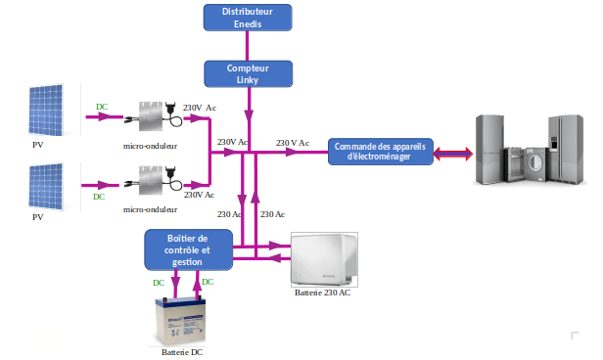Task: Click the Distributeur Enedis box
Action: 247,16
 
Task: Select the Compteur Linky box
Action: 247,73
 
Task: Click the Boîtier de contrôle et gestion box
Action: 188,249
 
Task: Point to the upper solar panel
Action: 47,109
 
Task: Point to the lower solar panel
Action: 47,185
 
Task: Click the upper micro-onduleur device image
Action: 156,115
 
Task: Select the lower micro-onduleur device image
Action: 156,180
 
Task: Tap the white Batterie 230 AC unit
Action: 326,259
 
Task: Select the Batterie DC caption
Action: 183,351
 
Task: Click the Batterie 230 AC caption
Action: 322,292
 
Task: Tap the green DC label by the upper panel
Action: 102,106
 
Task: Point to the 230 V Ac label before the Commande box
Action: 292,143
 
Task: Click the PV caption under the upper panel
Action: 38,144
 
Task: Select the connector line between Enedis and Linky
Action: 247,45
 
